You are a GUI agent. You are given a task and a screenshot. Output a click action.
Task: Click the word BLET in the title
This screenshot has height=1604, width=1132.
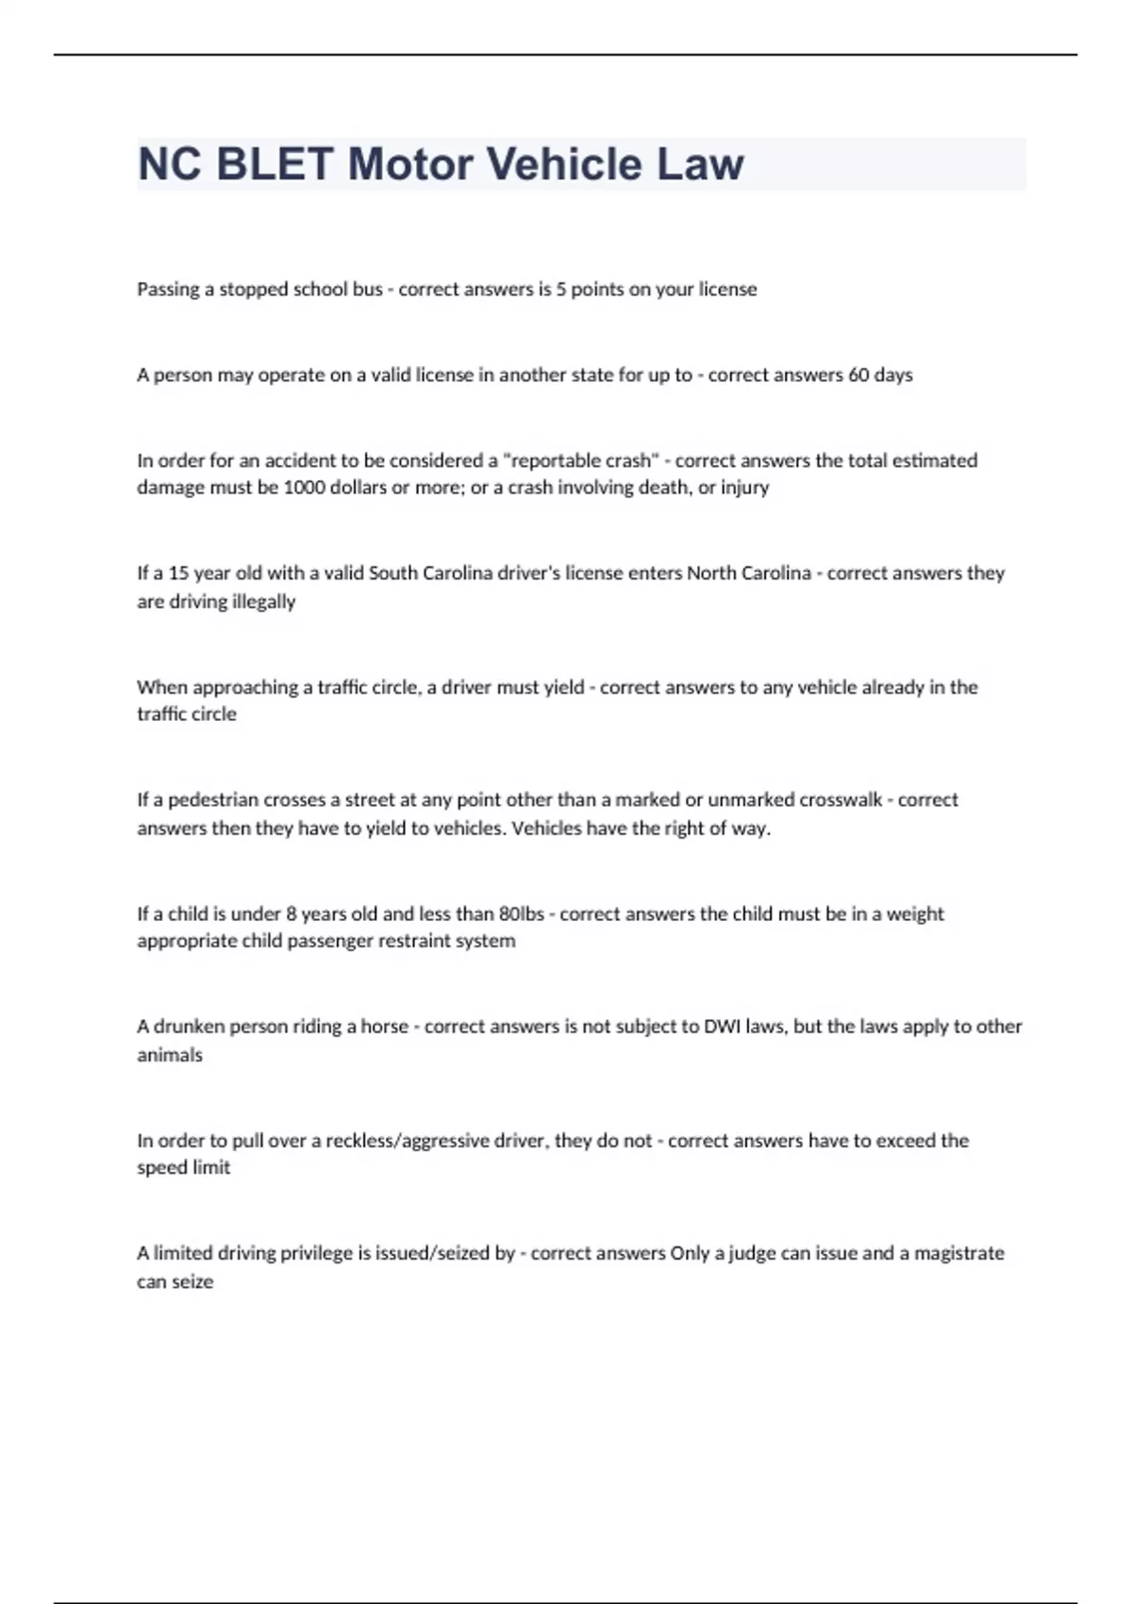click(275, 164)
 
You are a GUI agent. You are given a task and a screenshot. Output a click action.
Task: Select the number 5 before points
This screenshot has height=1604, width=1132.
click(561, 290)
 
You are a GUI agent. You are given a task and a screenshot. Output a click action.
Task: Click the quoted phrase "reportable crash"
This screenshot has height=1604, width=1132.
click(582, 460)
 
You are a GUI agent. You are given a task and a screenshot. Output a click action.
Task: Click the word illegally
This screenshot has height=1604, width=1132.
click(258, 602)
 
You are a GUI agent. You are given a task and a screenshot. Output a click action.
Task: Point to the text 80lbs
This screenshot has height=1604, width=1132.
click(521, 913)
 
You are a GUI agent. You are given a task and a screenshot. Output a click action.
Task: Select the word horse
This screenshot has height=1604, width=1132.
click(385, 1027)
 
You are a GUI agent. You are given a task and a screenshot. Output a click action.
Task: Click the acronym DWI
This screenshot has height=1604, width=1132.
click(723, 1027)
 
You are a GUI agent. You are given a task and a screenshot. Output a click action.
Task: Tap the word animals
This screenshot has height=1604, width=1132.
click(170, 1055)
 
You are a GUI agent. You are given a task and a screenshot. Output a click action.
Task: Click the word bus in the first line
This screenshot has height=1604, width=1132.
click(367, 290)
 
